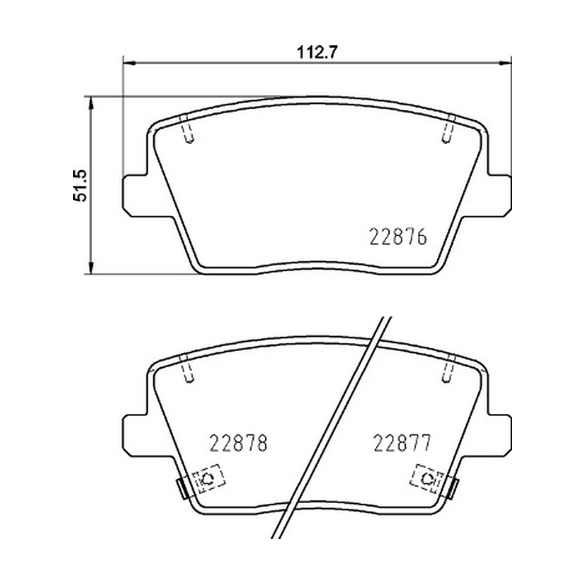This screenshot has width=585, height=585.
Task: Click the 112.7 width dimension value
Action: pyautogui.click(x=317, y=52)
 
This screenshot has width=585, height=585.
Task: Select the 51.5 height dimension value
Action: pyautogui.click(x=80, y=186)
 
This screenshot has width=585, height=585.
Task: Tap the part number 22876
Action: pyautogui.click(x=398, y=237)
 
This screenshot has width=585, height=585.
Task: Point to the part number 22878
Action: pyautogui.click(x=238, y=443)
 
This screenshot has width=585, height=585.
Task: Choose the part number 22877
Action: pyautogui.click(x=402, y=443)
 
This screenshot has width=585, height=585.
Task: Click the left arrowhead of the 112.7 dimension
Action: pyautogui.click(x=129, y=63)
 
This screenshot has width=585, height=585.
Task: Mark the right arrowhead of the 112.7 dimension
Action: pyautogui.click(x=505, y=63)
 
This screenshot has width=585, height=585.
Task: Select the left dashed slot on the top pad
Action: pyautogui.click(x=186, y=129)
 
